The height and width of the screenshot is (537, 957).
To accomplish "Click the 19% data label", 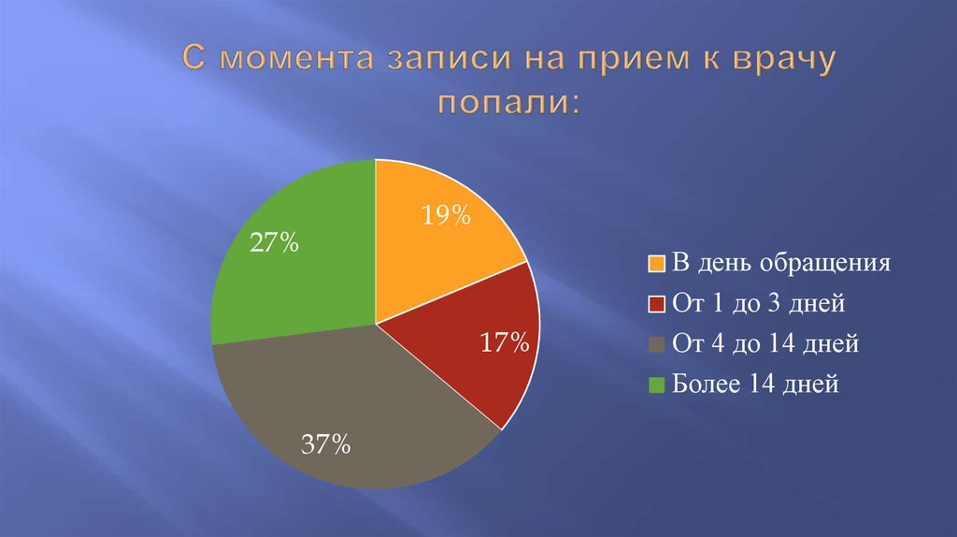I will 445,216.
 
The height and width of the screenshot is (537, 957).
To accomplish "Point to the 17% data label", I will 505,342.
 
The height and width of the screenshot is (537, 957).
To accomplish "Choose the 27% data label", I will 274,244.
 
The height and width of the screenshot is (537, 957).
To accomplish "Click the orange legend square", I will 656,263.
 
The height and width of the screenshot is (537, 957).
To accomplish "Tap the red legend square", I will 656,304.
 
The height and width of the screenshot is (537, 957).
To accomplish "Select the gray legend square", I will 656,345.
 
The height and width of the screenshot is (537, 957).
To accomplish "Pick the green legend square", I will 656,385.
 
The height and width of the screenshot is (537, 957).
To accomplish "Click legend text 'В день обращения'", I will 781,263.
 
